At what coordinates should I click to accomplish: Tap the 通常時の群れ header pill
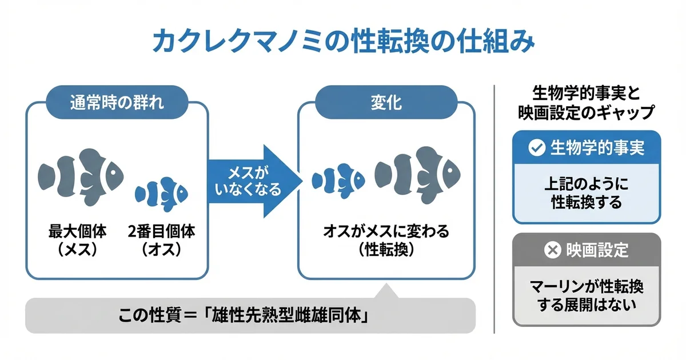117,103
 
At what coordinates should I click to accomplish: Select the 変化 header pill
386,103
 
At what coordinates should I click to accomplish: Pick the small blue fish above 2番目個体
161,193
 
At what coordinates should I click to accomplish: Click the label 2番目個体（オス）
162,241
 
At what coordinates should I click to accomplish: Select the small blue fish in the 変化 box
338,179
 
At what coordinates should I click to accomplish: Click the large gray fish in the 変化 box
417,171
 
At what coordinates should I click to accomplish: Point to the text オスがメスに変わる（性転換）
386,241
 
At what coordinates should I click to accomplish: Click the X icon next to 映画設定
552,250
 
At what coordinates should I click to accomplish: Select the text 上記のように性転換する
587,193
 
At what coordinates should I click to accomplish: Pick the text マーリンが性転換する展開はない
587,295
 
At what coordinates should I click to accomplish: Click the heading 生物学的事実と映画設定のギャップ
587,103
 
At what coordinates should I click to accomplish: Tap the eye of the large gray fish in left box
115,170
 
